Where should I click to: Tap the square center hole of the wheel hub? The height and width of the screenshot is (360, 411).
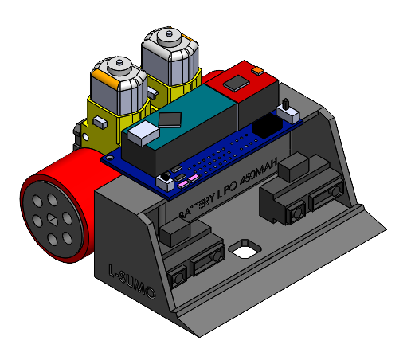[x=50, y=219]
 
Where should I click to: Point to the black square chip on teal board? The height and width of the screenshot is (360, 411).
[x=170, y=119]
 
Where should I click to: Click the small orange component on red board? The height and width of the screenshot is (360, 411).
[x=256, y=72]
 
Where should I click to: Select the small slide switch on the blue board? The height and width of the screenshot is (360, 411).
[x=285, y=106]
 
